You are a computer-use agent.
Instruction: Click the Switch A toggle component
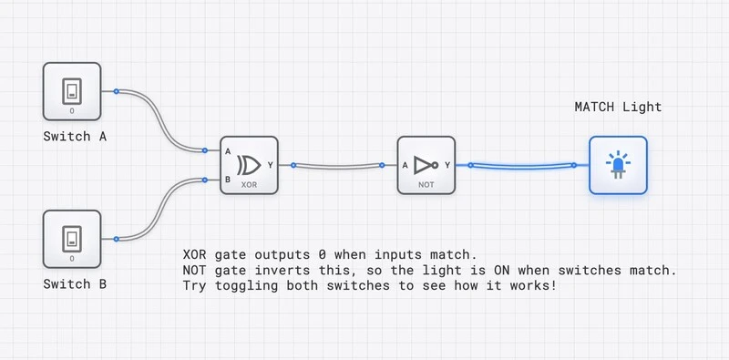click(72, 91)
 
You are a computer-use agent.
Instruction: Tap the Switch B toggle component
click(72, 239)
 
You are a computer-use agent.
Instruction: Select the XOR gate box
click(248, 165)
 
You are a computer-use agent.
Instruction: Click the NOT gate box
click(426, 165)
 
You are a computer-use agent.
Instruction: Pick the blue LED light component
click(618, 165)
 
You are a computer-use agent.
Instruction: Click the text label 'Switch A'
click(76, 137)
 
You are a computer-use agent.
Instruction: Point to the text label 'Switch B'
click(76, 284)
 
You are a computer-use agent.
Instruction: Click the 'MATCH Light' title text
click(618, 107)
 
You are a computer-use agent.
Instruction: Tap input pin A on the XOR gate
click(206, 150)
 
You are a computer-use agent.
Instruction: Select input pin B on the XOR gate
click(206, 180)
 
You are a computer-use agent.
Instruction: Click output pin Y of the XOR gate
click(293, 165)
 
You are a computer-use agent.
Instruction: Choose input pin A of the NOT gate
click(383, 165)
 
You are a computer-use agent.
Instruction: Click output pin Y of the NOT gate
click(469, 165)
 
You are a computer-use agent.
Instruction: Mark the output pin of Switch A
click(117, 91)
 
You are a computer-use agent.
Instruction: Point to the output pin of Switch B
click(117, 239)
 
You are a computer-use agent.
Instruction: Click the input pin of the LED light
click(575, 165)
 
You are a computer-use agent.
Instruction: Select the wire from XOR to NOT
click(337, 166)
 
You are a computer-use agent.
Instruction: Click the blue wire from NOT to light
click(522, 166)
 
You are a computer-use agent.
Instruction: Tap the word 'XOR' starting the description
click(194, 253)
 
